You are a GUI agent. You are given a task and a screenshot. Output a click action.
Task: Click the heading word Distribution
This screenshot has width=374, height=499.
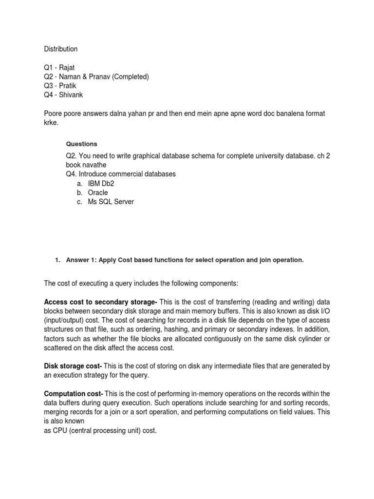[x=60, y=49]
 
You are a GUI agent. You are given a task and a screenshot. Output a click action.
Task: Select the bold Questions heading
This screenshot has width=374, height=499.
[x=81, y=144]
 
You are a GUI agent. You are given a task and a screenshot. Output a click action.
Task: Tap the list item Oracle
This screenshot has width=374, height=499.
[x=98, y=192]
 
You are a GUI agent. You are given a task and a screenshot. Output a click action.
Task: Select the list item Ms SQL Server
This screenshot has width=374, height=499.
[x=111, y=202]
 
